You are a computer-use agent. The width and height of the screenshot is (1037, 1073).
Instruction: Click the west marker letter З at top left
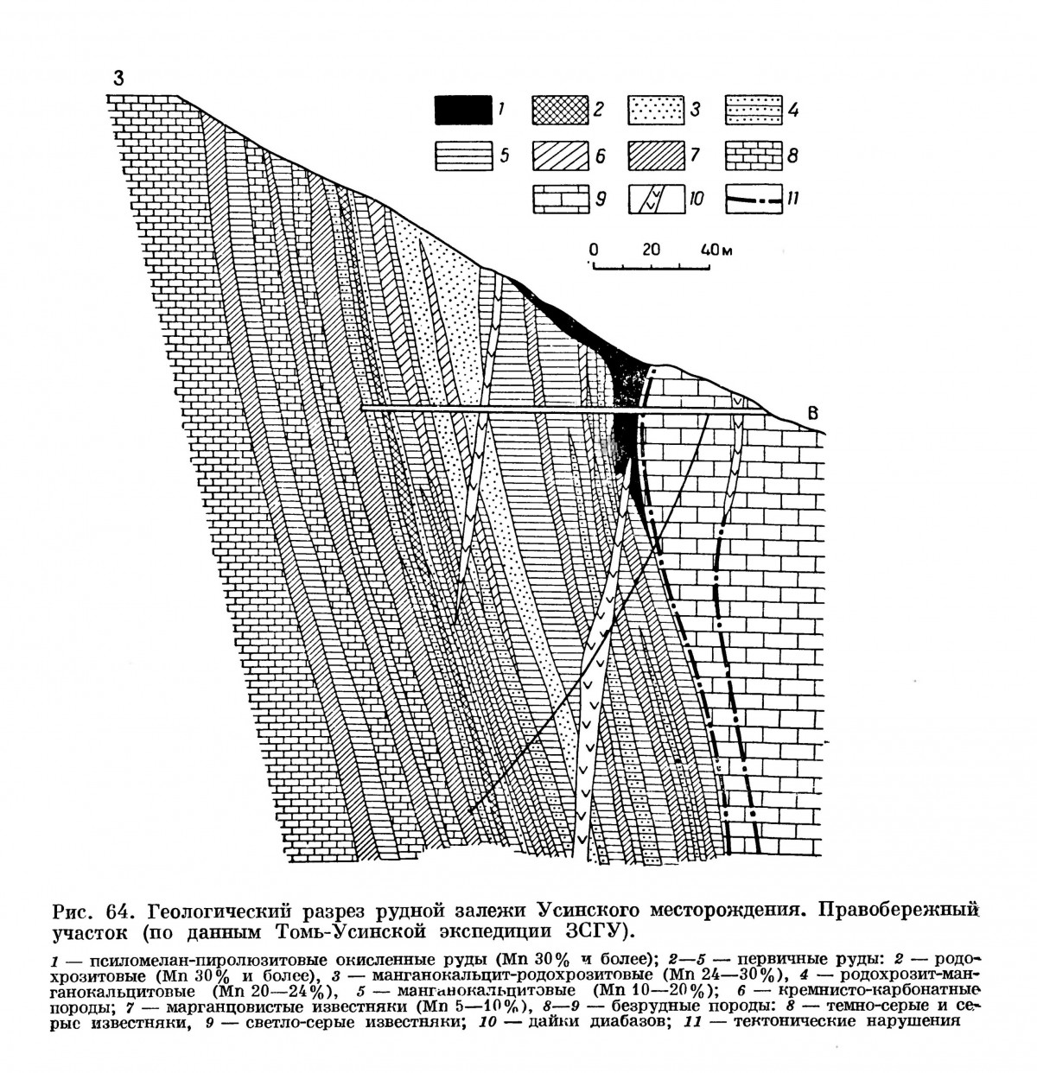[x=118, y=78]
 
